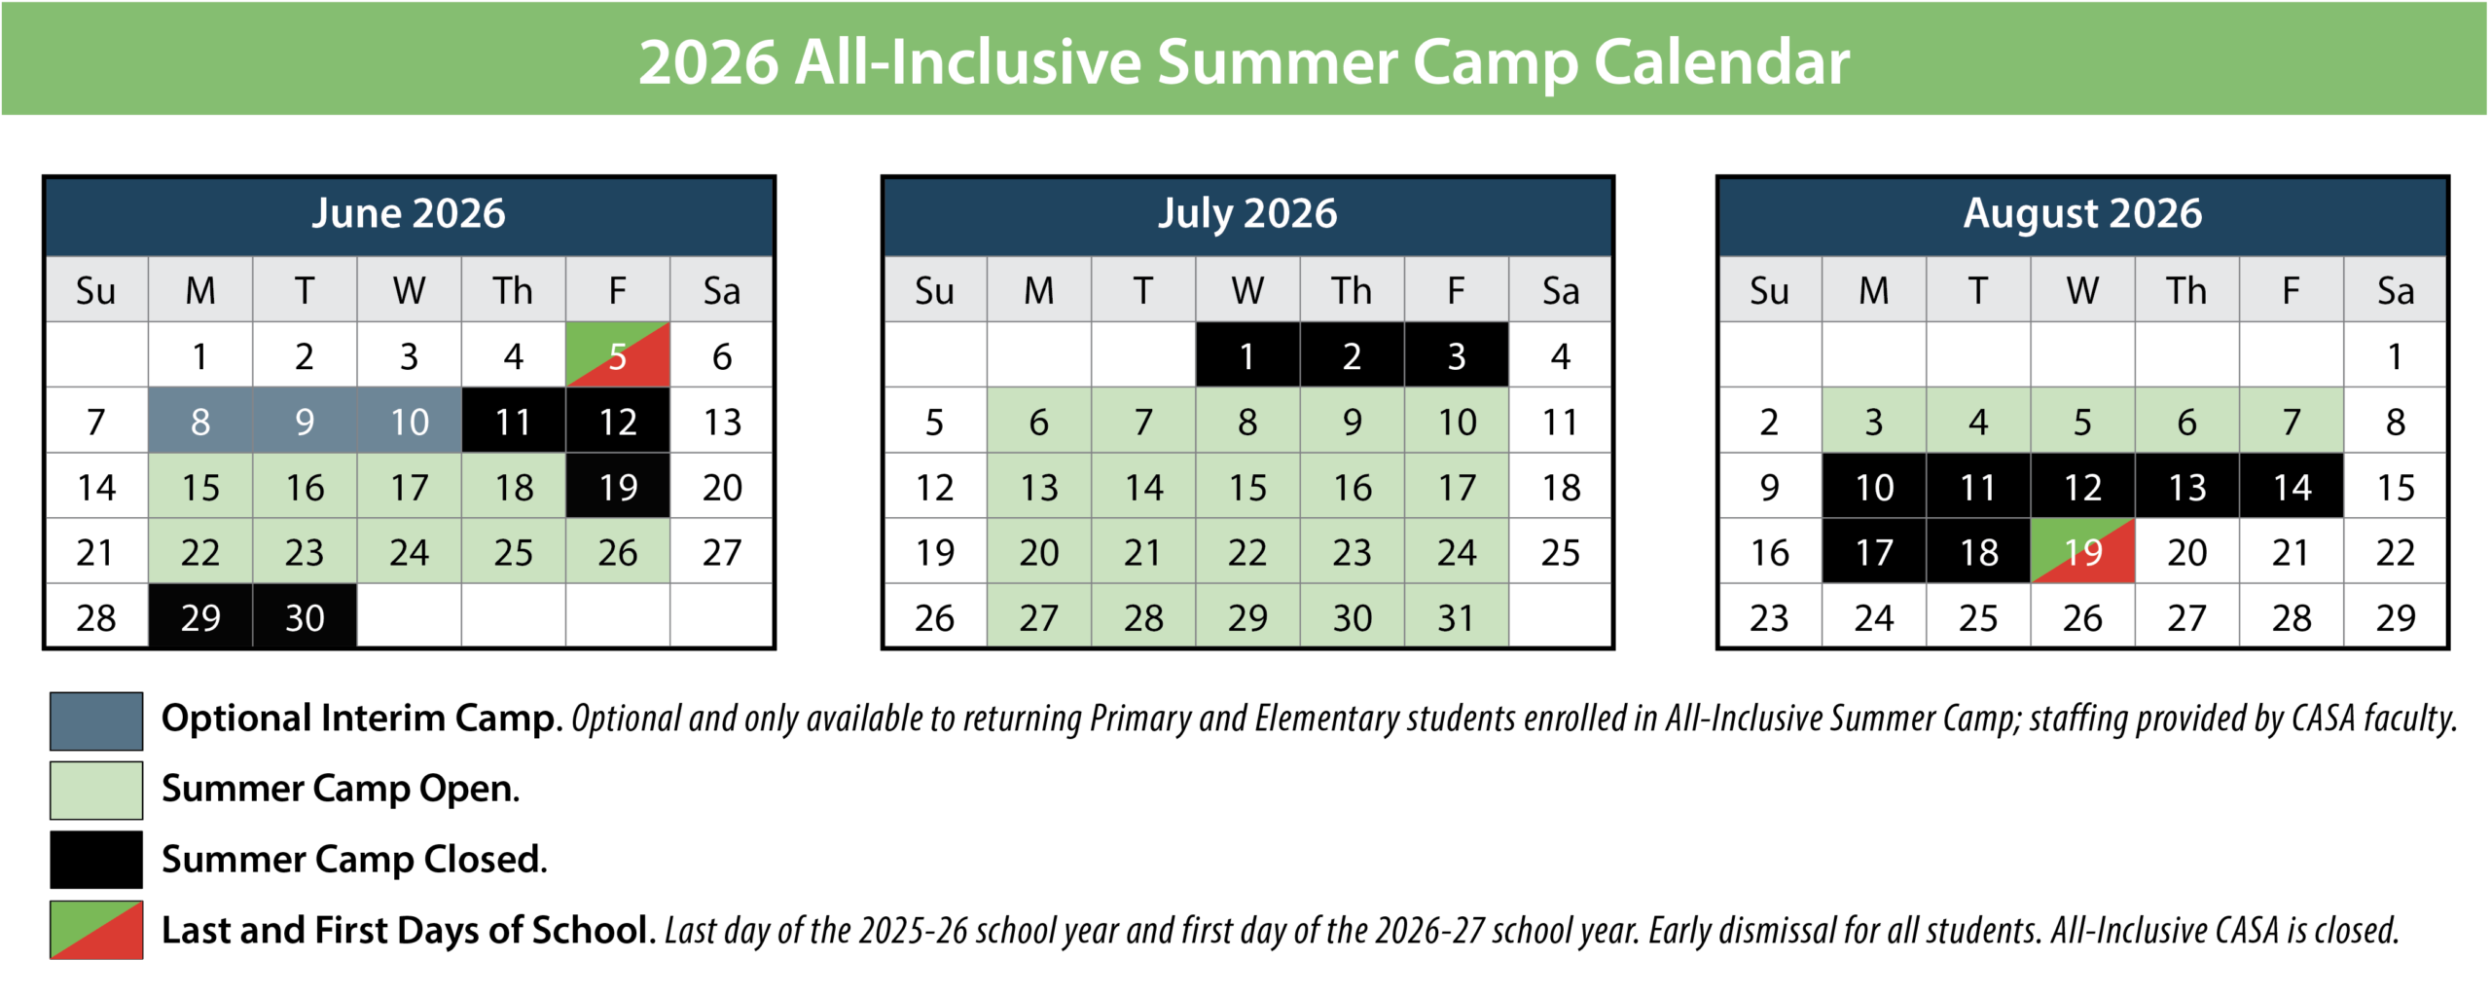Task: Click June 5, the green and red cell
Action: [x=617, y=355]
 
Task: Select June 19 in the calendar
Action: [x=617, y=486]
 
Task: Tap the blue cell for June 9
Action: [x=305, y=421]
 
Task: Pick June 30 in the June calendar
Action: [x=305, y=616]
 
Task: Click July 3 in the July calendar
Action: [x=1456, y=355]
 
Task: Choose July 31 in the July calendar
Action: [x=1456, y=616]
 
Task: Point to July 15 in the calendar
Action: [x=1247, y=486]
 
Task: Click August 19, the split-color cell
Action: [x=2082, y=551]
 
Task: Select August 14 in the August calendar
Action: [x=2292, y=486]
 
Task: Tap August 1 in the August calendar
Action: [x=2395, y=355]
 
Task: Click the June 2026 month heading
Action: [x=409, y=213]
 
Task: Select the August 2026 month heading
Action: [x=2082, y=213]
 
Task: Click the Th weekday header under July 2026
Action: [x=1352, y=290]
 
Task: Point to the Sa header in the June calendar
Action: [x=721, y=290]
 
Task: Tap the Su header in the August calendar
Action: [x=1769, y=290]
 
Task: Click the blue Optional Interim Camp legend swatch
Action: [x=96, y=720]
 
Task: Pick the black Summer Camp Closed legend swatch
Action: [x=96, y=860]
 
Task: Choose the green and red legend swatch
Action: [x=96, y=931]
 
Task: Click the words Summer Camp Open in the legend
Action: [x=340, y=789]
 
